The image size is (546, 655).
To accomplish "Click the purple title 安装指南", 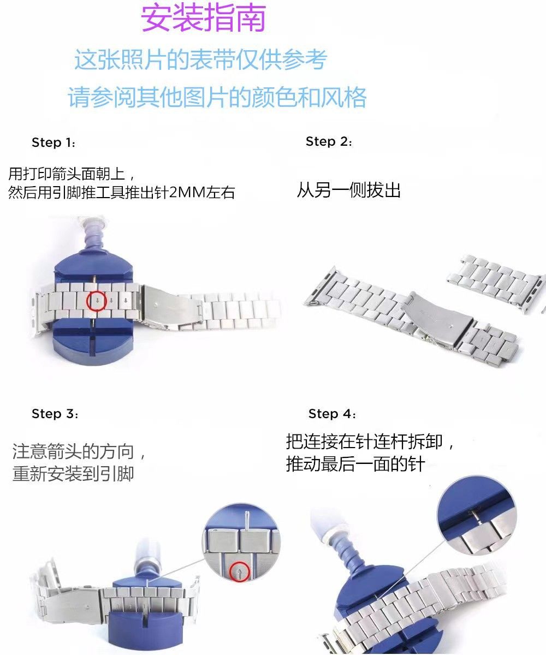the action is pos(203,18).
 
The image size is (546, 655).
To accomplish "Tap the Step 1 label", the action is pos(54,142).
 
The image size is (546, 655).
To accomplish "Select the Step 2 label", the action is pos(329,142).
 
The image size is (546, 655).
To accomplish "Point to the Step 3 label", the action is pos(55,414).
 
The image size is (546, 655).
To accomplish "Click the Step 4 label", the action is pos(332,414).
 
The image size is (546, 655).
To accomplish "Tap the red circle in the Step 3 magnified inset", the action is pos(240,571).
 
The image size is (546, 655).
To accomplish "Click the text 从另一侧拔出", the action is pos(349,190).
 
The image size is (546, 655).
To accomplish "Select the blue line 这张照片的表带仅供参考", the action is pos(201,59).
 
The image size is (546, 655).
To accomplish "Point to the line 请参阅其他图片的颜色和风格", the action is pos(217,97).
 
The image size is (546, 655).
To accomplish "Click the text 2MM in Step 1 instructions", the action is pos(188,192).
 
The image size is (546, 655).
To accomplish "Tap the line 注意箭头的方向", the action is pos(78,452).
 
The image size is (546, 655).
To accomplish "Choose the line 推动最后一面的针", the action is pos(355,465).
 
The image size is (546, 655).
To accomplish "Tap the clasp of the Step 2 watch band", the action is pos(438,320).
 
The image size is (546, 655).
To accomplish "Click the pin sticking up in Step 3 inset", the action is pos(247,522).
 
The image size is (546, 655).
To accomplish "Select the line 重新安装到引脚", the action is pos(73,474).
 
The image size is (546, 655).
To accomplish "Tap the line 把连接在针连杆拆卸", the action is pos(370,442).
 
